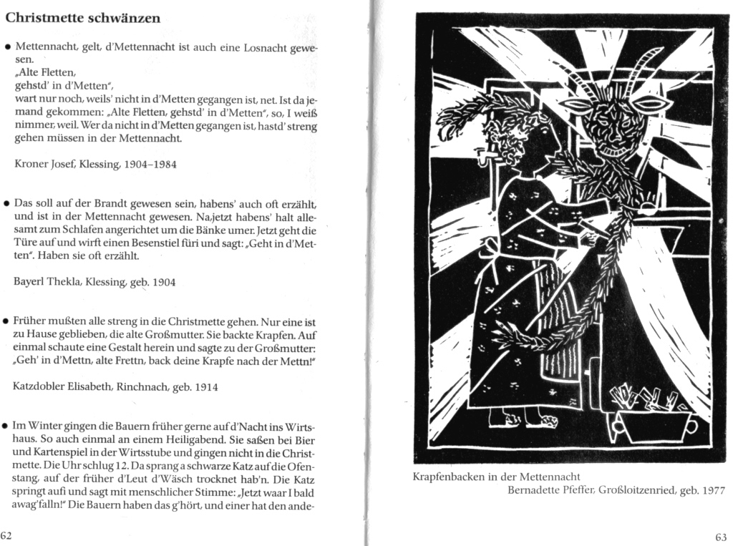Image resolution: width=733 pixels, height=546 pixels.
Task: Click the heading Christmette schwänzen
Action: point(83,18)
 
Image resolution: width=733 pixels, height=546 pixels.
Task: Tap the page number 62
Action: point(7,535)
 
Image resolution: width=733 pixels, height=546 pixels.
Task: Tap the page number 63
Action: point(721,537)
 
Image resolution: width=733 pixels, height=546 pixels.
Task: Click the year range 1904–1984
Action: point(151,164)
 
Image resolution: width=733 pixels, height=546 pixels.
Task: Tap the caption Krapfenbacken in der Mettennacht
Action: point(497,476)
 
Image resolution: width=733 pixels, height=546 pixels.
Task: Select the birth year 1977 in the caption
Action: point(712,490)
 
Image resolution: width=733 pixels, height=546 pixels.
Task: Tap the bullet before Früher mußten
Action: point(6,322)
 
